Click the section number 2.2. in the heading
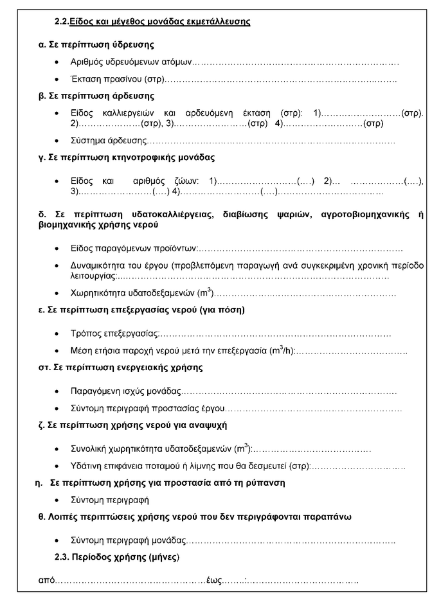tap(62, 22)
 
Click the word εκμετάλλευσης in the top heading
tap(218, 22)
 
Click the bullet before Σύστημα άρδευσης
tap(59, 140)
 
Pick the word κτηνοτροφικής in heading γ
tap(137, 157)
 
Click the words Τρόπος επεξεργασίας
tap(114, 334)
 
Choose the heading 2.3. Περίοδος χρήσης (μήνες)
tap(117, 556)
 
